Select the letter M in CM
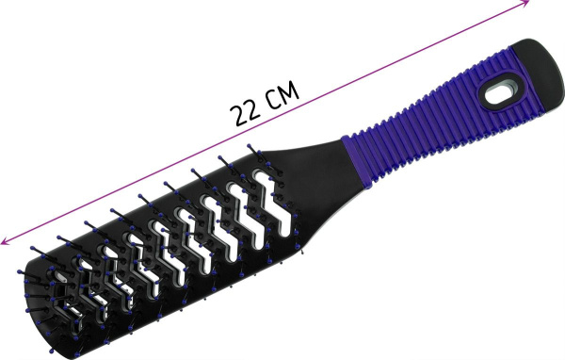(289, 90)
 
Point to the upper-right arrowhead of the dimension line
(525, 3)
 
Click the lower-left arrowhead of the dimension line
(5, 241)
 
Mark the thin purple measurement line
(265, 122)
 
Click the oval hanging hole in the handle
(499, 94)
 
